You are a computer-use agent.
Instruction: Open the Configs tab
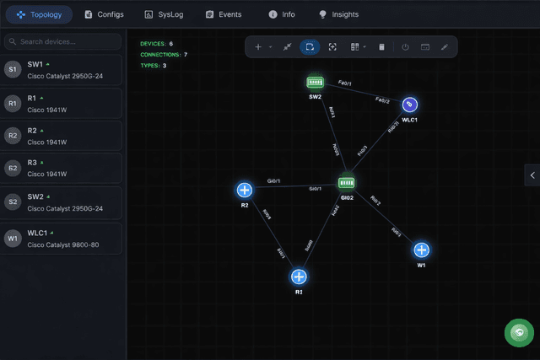click(105, 14)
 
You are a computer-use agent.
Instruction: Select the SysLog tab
click(165, 14)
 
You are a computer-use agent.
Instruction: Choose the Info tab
click(282, 14)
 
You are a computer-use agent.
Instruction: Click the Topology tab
click(39, 14)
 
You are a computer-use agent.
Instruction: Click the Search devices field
click(63, 41)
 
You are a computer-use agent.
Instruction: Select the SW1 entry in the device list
click(63, 70)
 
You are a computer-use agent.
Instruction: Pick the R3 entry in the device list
click(63, 168)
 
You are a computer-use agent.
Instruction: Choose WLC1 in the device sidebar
click(63, 239)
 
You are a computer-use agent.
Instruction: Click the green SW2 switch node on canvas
click(316, 82)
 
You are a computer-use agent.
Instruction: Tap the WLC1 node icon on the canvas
click(410, 104)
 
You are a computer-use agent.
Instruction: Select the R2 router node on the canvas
click(245, 190)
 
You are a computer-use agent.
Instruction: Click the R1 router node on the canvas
click(299, 277)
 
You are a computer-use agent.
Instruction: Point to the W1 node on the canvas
click(421, 250)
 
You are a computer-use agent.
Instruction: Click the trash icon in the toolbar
click(381, 47)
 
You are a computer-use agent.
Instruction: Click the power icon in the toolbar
click(405, 47)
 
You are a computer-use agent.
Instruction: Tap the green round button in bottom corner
click(518, 333)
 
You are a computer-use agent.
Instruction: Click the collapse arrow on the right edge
click(532, 175)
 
